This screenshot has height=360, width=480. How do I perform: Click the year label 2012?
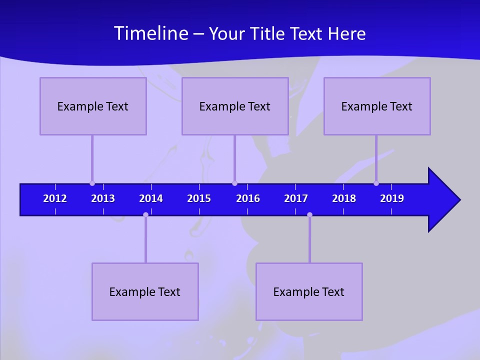pyautogui.click(x=55, y=198)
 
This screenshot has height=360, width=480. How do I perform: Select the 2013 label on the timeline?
pyautogui.click(x=103, y=198)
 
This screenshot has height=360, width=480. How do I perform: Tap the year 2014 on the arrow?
pyautogui.click(x=151, y=198)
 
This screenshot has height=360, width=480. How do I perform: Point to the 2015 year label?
pyautogui.click(x=199, y=198)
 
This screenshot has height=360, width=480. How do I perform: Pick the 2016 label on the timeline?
pyautogui.click(x=248, y=198)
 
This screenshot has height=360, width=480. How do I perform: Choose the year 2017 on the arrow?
pyautogui.click(x=296, y=198)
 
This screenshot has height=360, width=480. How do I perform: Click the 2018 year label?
pyautogui.click(x=344, y=198)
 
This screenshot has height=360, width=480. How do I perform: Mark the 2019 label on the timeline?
pyautogui.click(x=392, y=198)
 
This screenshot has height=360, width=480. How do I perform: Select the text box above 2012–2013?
pyautogui.click(x=93, y=106)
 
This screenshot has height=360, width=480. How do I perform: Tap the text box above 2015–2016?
pyautogui.click(x=235, y=106)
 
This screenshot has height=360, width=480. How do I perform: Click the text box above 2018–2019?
pyautogui.click(x=377, y=106)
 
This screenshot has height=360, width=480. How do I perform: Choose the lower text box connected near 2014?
pyautogui.click(x=145, y=291)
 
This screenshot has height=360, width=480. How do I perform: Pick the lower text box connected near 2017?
pyautogui.click(x=309, y=291)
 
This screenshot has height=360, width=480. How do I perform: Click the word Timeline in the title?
pyautogui.click(x=150, y=33)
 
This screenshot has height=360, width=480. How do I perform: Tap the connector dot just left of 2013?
pyautogui.click(x=92, y=183)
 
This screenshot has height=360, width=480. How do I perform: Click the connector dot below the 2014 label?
pyautogui.click(x=145, y=214)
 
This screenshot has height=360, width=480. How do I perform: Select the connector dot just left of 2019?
pyautogui.click(x=376, y=183)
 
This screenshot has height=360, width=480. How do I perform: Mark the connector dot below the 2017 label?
pyautogui.click(x=309, y=214)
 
